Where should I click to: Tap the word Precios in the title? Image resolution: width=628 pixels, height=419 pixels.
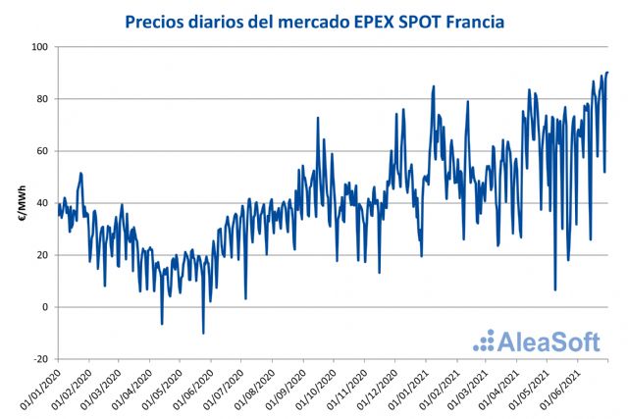159,20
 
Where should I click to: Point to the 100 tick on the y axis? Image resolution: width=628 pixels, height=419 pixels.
39,47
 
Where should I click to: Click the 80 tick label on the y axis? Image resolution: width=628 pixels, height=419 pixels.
42,99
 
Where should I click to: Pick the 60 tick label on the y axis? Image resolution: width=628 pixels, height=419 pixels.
42,151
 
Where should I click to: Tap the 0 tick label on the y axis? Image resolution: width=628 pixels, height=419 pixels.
45,307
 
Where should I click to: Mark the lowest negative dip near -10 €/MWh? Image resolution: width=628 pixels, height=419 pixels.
203,334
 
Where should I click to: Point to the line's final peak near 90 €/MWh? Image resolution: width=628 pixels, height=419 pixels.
607,72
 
